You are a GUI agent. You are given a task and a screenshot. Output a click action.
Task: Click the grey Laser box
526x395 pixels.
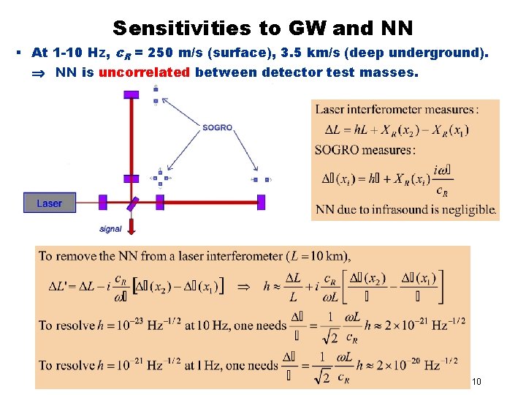(49, 203)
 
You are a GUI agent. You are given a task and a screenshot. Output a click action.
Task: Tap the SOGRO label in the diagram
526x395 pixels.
(217, 127)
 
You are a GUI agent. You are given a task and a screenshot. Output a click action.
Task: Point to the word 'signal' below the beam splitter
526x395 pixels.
(110, 229)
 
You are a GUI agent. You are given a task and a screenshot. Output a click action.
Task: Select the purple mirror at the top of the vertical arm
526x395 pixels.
(131, 94)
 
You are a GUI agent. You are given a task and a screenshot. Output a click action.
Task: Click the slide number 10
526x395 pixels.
(476, 381)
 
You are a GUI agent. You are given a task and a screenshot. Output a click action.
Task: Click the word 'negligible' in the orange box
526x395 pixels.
(466, 209)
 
